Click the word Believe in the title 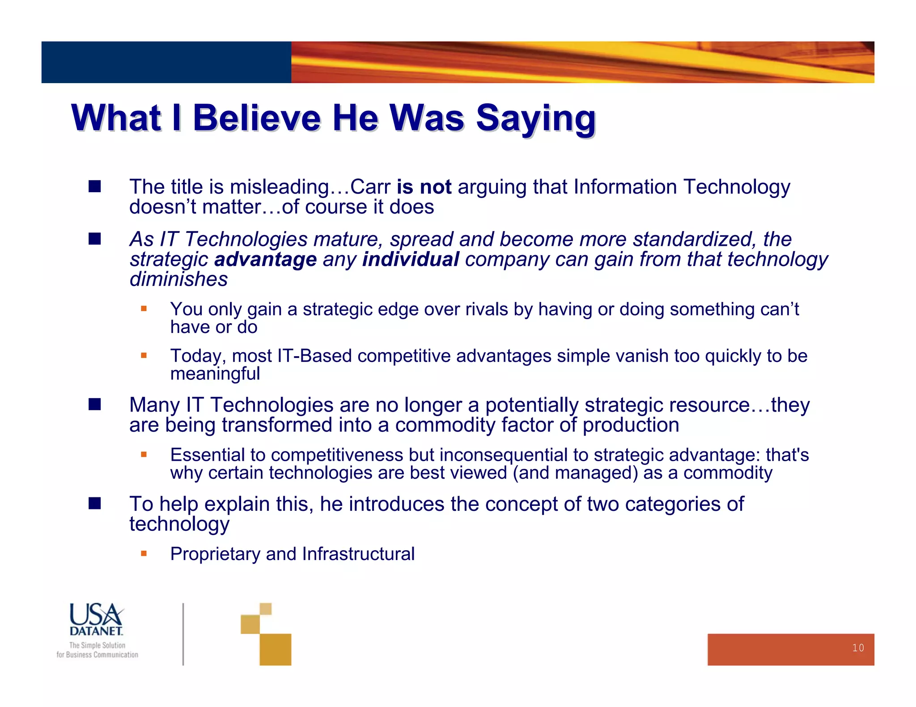click(257, 118)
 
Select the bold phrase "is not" click(424, 187)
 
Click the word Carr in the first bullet click(370, 187)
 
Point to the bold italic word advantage click(265, 260)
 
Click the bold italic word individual click(410, 260)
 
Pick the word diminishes click(178, 280)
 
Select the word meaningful click(215, 374)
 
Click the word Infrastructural click(358, 554)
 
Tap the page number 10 click(857, 648)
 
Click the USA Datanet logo click(96, 619)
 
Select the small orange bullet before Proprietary click(144, 554)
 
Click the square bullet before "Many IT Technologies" click(95, 404)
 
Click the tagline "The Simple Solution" click(97, 645)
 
